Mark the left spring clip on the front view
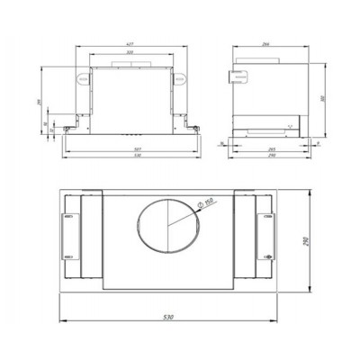[85, 77]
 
